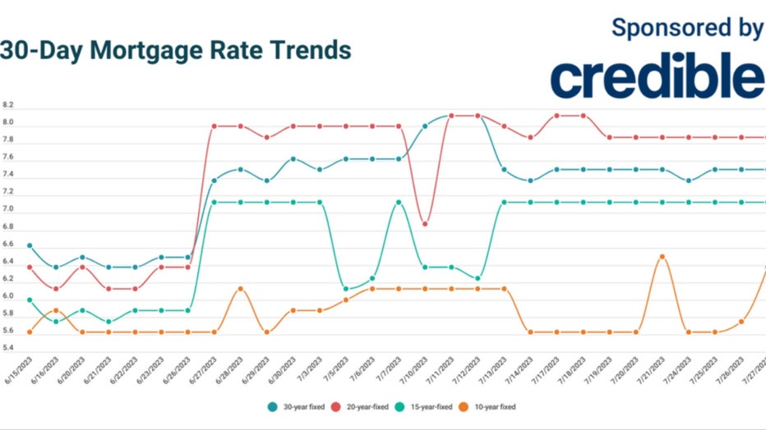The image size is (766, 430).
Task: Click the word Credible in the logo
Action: point(656,78)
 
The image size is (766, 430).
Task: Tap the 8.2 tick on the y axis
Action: point(8,106)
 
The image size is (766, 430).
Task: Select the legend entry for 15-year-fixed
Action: point(436,405)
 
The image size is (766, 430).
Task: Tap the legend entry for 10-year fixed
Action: point(505,405)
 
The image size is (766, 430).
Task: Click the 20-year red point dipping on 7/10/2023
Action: point(425,224)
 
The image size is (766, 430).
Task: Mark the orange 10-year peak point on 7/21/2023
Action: point(662,257)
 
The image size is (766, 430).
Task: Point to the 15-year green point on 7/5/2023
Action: point(346,289)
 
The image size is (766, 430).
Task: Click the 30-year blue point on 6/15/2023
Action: point(30,245)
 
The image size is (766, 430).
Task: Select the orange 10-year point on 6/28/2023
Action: point(240,289)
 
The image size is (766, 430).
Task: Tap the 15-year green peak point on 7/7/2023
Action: point(399,202)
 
